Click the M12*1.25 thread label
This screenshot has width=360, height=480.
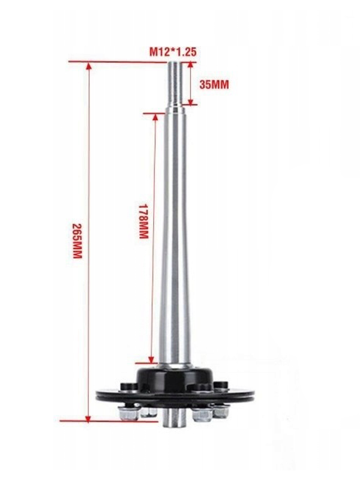tap(173, 52)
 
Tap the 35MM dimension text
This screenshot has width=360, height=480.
tap(214, 85)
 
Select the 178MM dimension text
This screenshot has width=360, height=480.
tap(143, 221)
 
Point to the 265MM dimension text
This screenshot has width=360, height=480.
tap(77, 241)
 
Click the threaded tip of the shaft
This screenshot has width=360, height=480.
tap(175, 83)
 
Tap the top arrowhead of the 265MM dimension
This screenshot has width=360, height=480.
tap(89, 66)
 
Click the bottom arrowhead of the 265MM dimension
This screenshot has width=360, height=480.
tap(88, 418)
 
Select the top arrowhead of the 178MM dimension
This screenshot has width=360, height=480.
tap(155, 118)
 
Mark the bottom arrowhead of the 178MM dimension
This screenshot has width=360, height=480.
tap(151, 359)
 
